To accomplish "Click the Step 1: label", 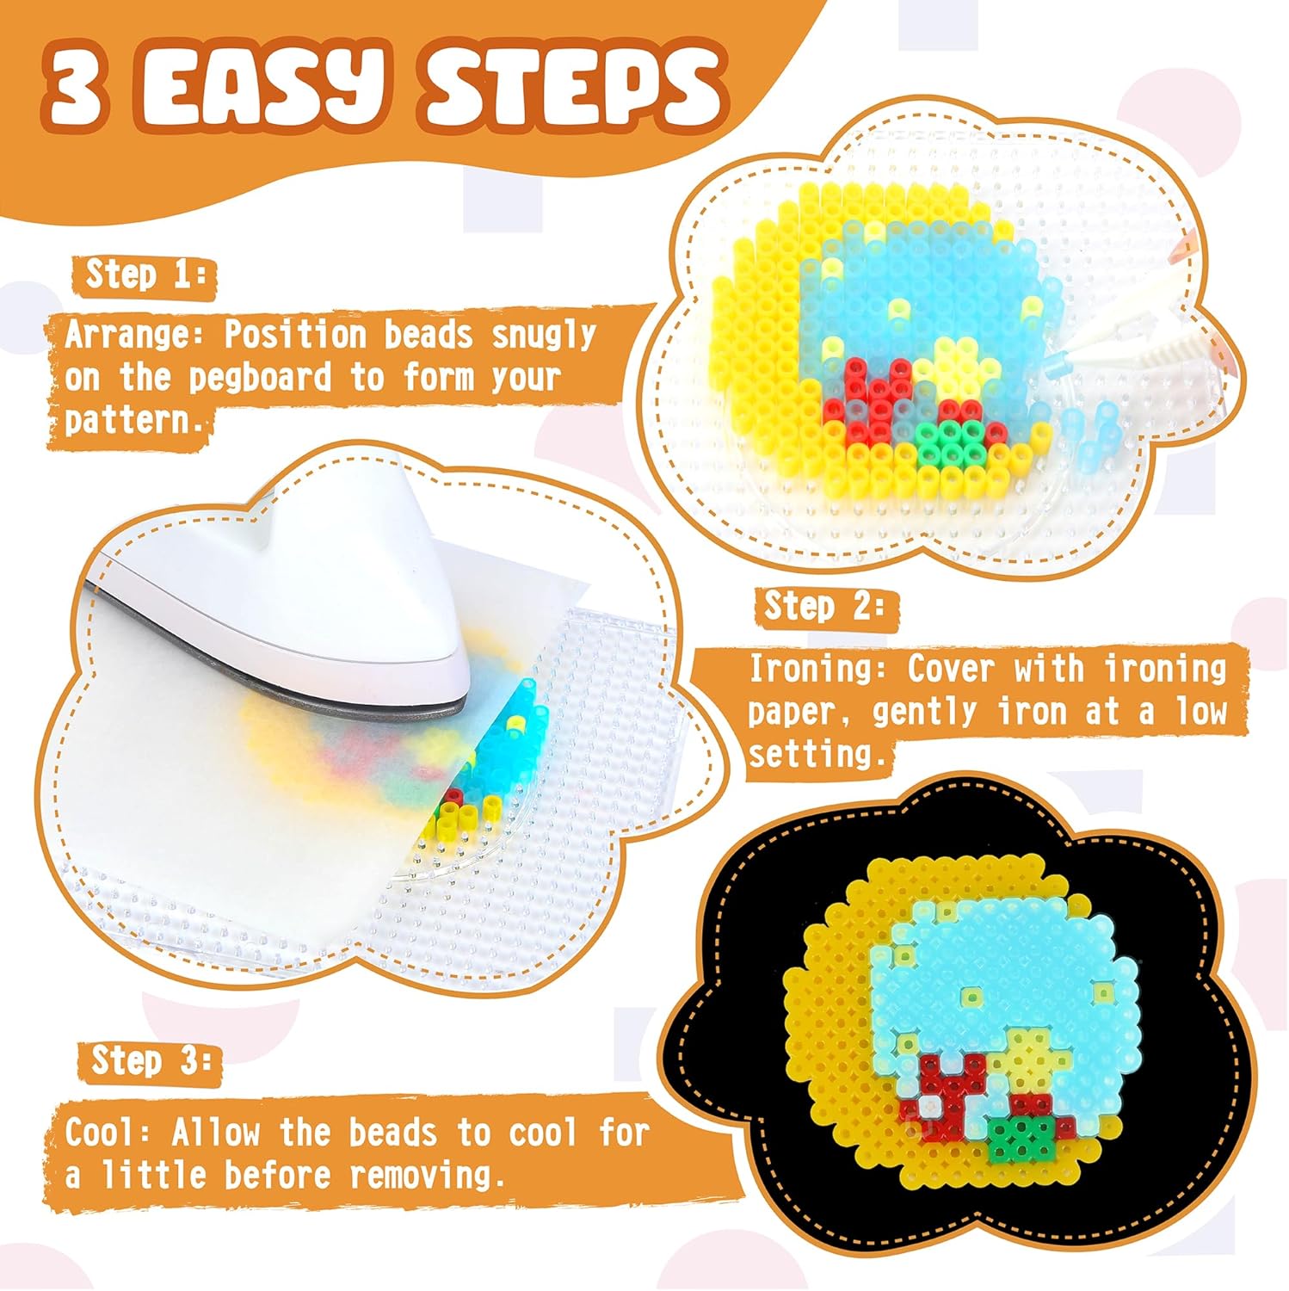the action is (x=145, y=275).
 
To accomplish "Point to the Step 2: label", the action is (x=823, y=607).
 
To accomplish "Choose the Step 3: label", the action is (x=151, y=1060).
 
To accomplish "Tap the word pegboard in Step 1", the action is (x=260, y=378).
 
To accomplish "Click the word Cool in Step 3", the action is (x=100, y=1133).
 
